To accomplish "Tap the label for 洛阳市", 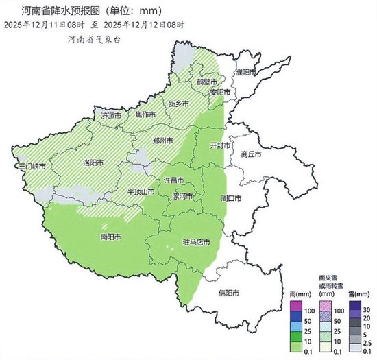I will (93, 163).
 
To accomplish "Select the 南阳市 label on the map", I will (110, 237).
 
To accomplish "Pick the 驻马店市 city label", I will (196, 242).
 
